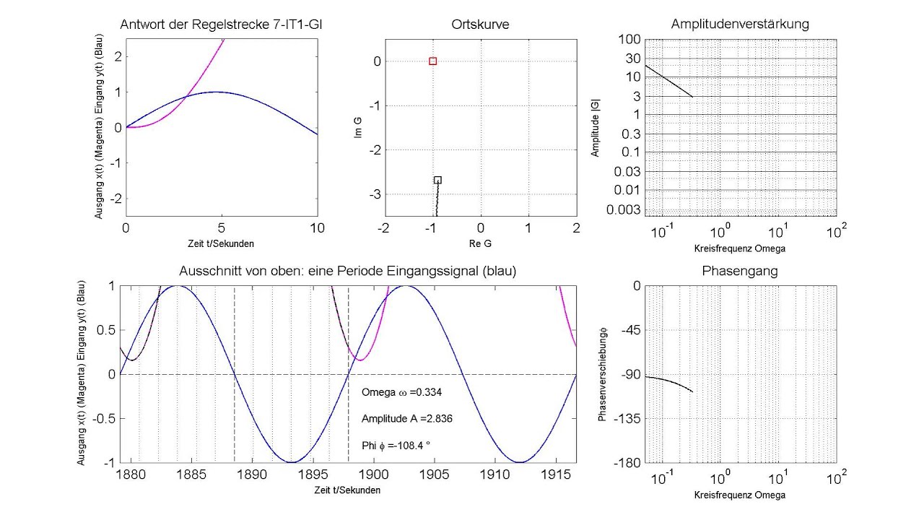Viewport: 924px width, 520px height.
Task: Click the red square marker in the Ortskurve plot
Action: [x=432, y=61]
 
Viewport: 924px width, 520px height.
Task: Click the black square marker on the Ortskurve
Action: [x=437, y=180]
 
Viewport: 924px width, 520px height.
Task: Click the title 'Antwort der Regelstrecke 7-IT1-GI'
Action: [x=222, y=25]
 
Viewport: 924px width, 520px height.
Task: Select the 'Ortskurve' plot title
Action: [x=480, y=25]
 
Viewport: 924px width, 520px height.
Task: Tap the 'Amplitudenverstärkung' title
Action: [x=740, y=25]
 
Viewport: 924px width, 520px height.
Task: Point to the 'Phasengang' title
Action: [x=740, y=272]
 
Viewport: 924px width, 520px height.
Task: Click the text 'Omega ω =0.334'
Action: [x=401, y=392]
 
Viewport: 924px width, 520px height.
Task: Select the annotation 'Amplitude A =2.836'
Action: [x=407, y=419]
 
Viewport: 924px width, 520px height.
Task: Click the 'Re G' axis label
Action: [x=480, y=243]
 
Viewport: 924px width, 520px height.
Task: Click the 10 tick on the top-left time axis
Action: [x=318, y=228]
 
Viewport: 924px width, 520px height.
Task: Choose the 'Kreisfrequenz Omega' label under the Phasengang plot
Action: [x=740, y=495]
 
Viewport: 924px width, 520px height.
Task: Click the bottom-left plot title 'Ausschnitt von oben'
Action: [x=347, y=272]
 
